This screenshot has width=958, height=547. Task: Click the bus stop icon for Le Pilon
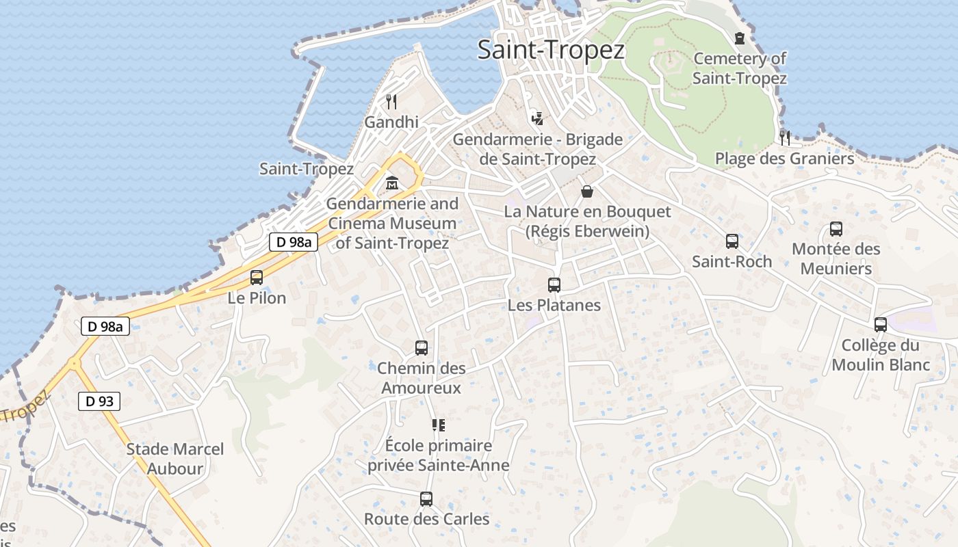point(257,278)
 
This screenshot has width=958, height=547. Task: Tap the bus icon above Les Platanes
point(554,285)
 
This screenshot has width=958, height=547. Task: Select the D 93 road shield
point(99,401)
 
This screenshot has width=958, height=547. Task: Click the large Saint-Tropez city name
point(551,50)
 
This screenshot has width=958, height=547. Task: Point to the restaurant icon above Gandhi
point(391,102)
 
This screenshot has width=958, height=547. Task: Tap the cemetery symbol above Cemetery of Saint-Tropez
point(739,38)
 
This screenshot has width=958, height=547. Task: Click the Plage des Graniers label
point(784,159)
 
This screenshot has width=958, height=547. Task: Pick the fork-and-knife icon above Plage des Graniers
point(784,137)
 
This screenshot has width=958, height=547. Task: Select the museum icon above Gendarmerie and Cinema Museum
point(392,183)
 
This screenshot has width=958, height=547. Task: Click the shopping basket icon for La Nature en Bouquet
point(586,191)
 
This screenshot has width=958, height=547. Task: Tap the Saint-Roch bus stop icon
point(732,241)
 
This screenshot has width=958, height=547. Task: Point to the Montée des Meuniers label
point(836,258)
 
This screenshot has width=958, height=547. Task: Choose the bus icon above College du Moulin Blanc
point(881,325)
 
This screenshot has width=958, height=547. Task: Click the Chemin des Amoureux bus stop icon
point(422,348)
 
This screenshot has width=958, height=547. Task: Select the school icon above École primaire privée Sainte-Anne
point(439,425)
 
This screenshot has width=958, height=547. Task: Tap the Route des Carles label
point(426,519)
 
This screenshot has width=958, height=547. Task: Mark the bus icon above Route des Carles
point(426,499)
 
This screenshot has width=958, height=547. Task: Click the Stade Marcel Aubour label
point(175,459)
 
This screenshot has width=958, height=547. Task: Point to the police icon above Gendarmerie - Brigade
point(538,118)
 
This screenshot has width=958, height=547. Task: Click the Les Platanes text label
point(554,305)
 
